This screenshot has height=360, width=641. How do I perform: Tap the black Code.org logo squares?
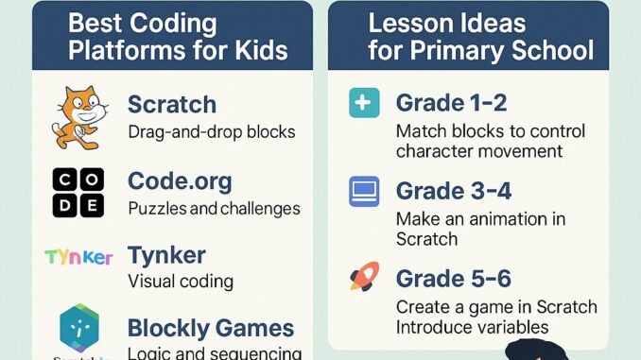78,193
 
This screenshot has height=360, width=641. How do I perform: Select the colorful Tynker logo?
78,257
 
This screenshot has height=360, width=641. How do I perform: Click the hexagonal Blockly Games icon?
78,327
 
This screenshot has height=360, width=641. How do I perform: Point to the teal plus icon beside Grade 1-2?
363,103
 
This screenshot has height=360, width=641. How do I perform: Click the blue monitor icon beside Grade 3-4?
363,191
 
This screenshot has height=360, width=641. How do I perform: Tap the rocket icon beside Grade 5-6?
363,277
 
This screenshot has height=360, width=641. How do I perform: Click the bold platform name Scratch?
171,104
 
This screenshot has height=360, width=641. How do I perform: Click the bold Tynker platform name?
166,254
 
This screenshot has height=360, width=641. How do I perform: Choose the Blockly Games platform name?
211,329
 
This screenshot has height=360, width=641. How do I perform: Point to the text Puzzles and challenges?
214,208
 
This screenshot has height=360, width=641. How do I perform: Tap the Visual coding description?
180,281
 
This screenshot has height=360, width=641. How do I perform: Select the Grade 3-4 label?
454,190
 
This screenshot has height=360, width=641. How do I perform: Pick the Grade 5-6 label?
454,279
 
